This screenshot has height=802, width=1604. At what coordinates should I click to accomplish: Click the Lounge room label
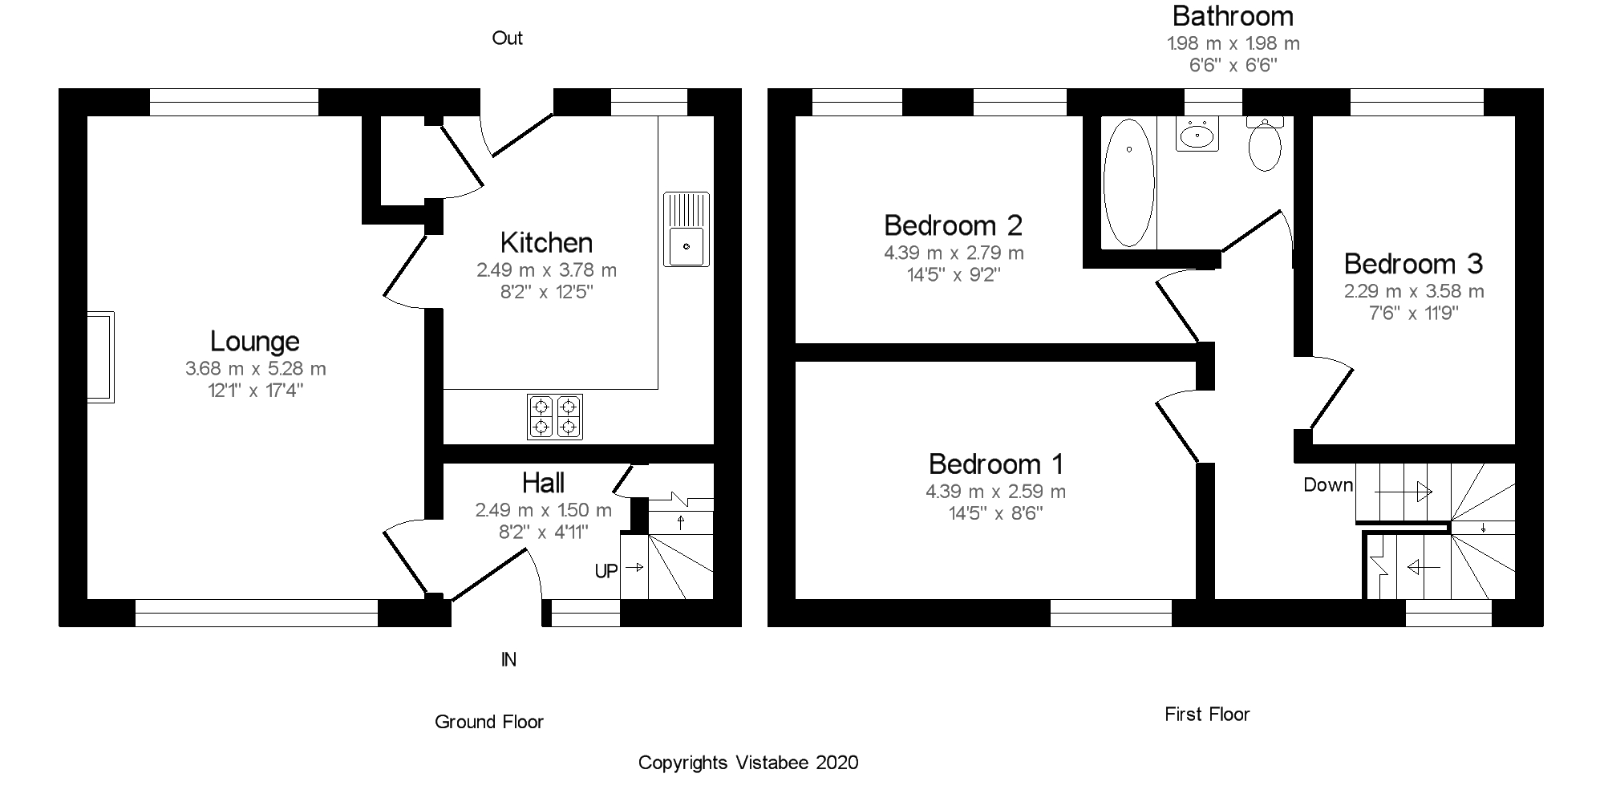pyautogui.click(x=255, y=342)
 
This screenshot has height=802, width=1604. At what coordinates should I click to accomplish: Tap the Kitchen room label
pyautogui.click(x=546, y=243)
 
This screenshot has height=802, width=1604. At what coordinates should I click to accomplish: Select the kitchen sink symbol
pyautogui.click(x=687, y=229)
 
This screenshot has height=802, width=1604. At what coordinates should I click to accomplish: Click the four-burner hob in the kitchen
pyautogui.click(x=555, y=417)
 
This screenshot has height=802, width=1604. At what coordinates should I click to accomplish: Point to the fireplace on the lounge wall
pyautogui.click(x=101, y=357)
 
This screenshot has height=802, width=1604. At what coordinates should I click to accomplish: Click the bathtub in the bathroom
pyautogui.click(x=1128, y=183)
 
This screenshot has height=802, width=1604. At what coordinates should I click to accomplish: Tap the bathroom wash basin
pyautogui.click(x=1197, y=134)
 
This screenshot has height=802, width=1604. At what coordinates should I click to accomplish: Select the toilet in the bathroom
pyautogui.click(x=1266, y=144)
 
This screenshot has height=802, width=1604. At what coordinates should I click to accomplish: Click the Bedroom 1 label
pyautogui.click(x=996, y=464)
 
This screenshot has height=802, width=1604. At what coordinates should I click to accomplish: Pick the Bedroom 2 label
pyautogui.click(x=953, y=225)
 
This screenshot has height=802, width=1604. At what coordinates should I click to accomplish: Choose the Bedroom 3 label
pyautogui.click(x=1413, y=264)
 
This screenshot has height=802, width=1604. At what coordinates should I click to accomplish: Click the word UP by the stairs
pyautogui.click(x=606, y=571)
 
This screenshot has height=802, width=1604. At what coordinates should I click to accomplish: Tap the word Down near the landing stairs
pyautogui.click(x=1328, y=485)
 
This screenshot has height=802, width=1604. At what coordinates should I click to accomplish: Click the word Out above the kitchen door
pyautogui.click(x=507, y=38)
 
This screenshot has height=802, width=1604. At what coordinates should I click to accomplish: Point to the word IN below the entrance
pyautogui.click(x=508, y=660)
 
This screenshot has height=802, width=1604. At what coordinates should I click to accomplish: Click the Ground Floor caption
pyautogui.click(x=489, y=722)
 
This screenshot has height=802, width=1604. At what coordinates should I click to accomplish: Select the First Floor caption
pyautogui.click(x=1207, y=715)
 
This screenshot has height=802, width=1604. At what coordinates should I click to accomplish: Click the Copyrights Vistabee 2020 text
pyautogui.click(x=748, y=763)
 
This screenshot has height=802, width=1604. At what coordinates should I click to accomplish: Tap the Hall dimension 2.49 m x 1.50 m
pyautogui.click(x=544, y=510)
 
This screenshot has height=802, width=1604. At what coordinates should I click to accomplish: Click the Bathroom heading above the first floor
pyautogui.click(x=1233, y=16)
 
